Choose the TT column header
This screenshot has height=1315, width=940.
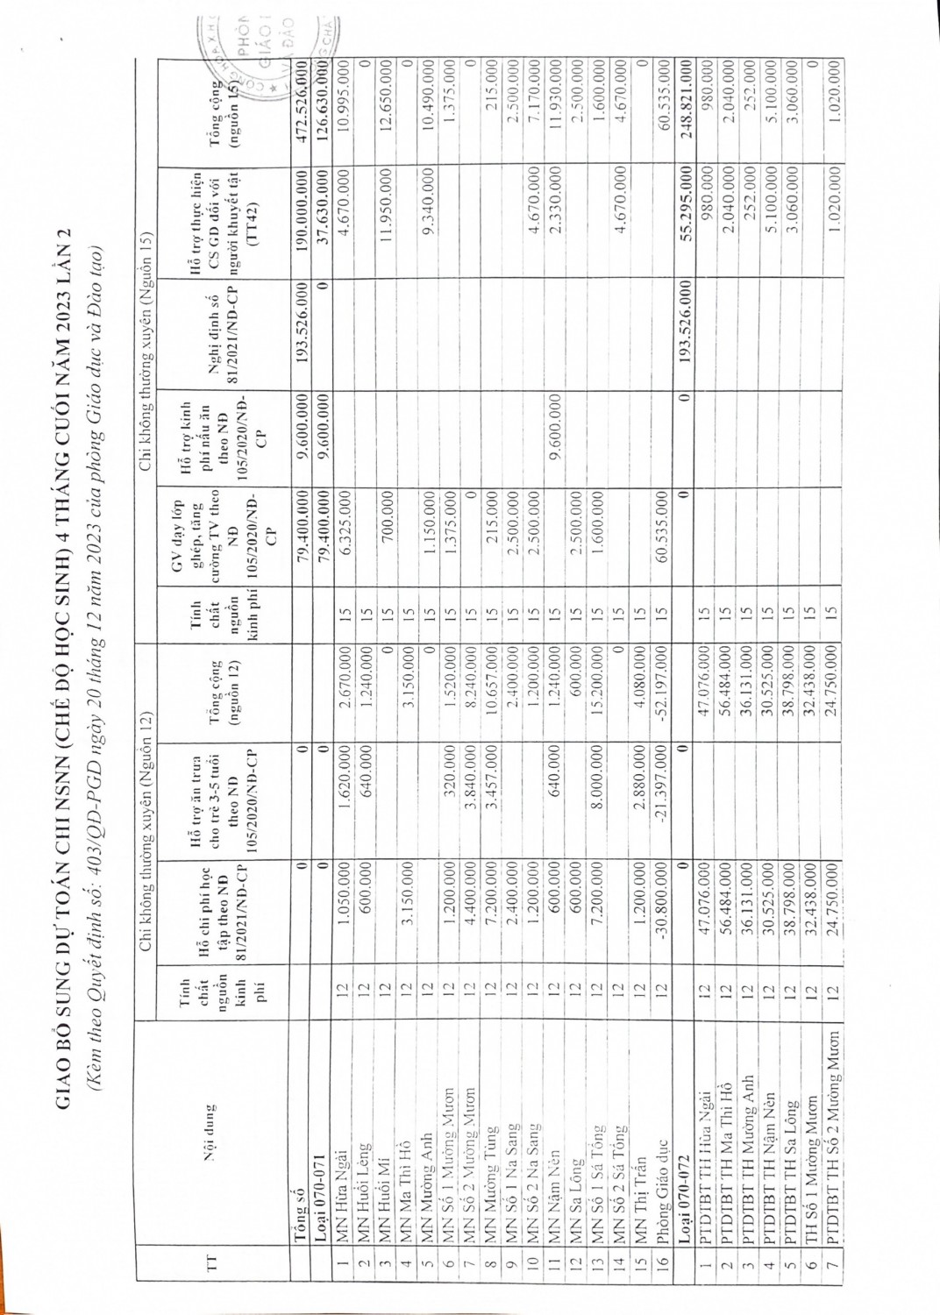tap(209, 1239)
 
